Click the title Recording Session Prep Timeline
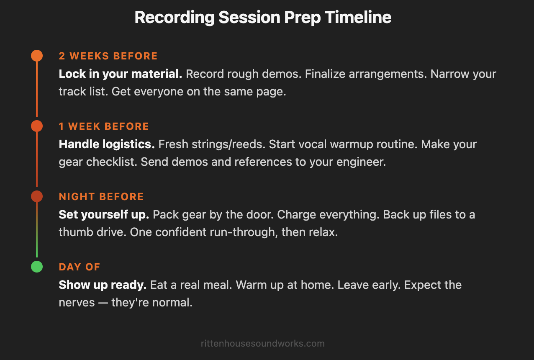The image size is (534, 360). (263, 18)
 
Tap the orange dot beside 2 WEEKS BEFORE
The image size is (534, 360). (37, 56)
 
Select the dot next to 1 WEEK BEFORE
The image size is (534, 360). (37, 126)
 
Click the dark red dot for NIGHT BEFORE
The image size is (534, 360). (37, 196)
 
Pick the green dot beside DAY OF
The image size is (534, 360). (37, 267)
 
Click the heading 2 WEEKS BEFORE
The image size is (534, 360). (108, 56)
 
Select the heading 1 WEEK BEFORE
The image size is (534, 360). (104, 126)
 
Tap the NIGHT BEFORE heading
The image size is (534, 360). (101, 197)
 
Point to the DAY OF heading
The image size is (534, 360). (80, 267)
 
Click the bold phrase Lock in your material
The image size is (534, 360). (120, 74)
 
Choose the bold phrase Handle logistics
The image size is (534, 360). (107, 144)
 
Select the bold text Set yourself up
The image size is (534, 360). (104, 215)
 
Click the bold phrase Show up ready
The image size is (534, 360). (103, 285)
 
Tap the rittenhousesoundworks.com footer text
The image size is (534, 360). (263, 344)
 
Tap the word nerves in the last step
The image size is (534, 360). (77, 303)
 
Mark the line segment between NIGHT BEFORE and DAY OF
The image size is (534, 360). (37, 230)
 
